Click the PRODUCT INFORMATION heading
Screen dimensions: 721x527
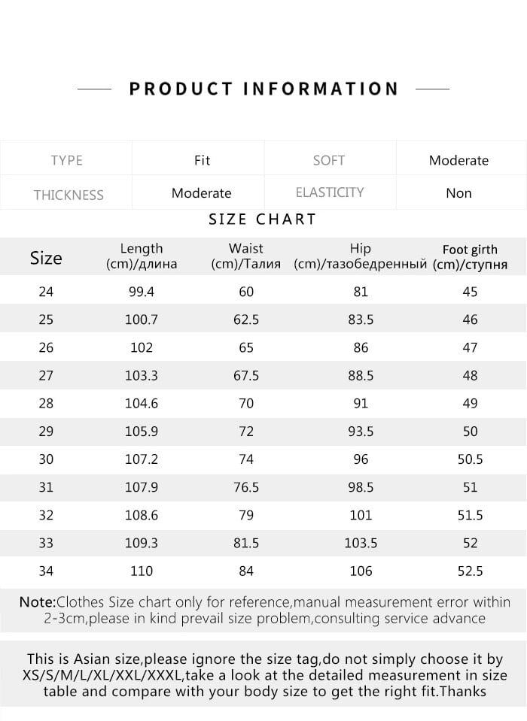point(263,89)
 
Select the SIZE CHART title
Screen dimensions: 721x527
point(262,220)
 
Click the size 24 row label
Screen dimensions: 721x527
point(46,292)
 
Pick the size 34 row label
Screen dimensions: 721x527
point(46,571)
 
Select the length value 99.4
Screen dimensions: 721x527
point(142,292)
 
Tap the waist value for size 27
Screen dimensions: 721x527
point(246,375)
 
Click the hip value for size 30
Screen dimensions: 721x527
point(361,459)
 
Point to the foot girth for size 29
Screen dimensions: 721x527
point(470,432)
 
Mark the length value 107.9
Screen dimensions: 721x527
point(142,487)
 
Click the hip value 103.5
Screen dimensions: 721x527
point(361,543)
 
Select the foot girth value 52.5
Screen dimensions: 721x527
point(470,571)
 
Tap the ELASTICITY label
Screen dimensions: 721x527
point(330,192)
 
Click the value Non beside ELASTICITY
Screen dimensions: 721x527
point(458,193)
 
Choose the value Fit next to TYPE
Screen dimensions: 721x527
point(202,160)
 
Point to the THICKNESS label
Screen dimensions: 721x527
point(69,195)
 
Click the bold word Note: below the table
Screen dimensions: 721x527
point(38,602)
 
